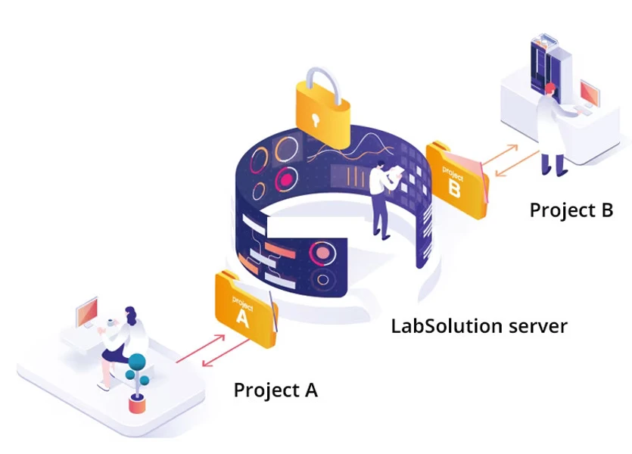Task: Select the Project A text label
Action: coord(276,390)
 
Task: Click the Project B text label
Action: coord(571,210)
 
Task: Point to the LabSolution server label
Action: coord(479,326)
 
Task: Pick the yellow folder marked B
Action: coord(455,179)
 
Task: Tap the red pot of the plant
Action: coord(137,405)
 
